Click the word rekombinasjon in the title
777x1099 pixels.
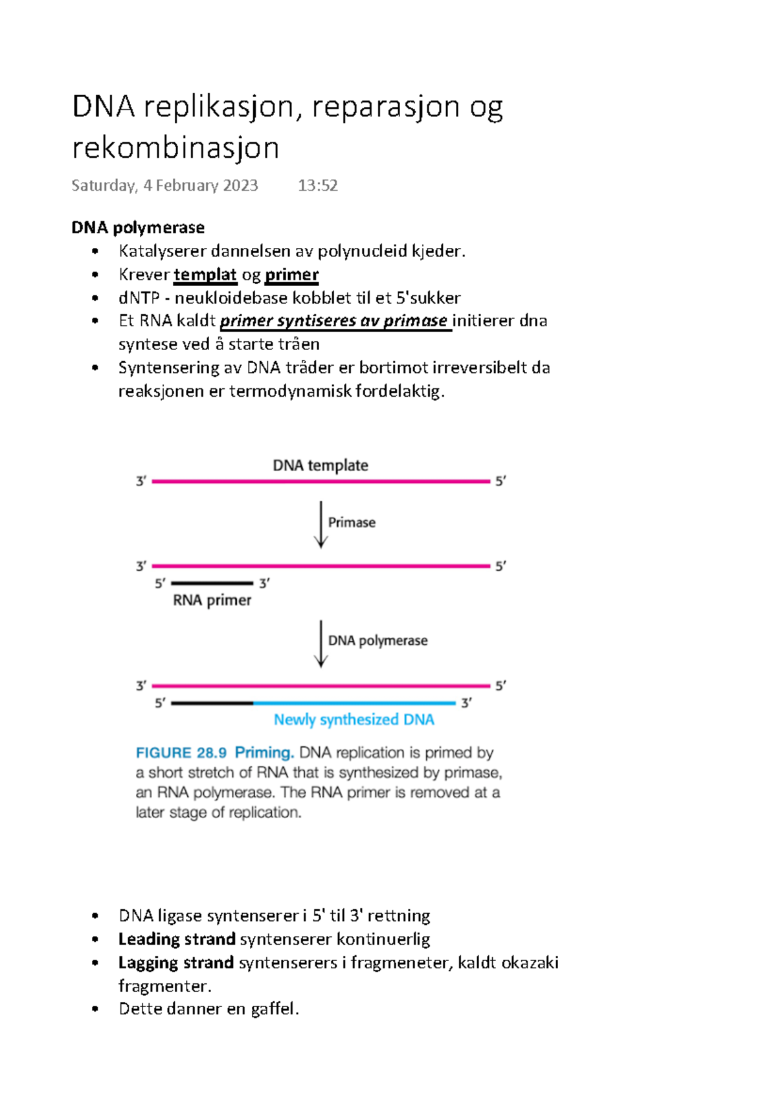point(175,148)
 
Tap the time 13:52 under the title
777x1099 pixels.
point(317,186)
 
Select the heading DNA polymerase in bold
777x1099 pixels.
point(138,228)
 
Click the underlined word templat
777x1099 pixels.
point(205,275)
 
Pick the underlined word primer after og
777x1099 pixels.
point(292,275)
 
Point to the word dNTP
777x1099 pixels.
point(139,298)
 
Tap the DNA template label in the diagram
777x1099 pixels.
point(321,465)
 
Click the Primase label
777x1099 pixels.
point(352,522)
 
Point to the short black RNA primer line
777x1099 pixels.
point(212,583)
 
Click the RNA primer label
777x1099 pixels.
point(212,601)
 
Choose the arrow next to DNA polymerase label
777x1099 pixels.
point(321,643)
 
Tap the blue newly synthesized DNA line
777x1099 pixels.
point(354,703)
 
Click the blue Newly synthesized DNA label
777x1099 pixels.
point(354,720)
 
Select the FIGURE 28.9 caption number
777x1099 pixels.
point(181,753)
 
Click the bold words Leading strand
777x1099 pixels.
point(177,939)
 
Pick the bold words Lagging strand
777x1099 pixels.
point(176,963)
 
